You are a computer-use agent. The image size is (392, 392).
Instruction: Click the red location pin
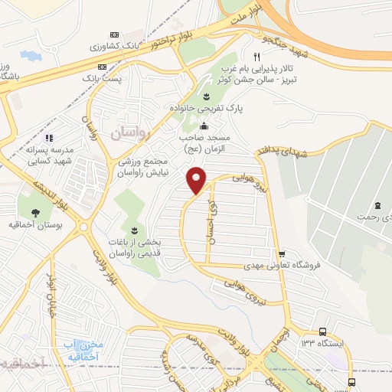click(x=197, y=180)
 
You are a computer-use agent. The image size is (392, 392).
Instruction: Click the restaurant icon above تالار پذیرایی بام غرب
click(x=256, y=57)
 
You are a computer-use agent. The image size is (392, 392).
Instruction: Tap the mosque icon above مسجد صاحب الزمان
click(x=203, y=126)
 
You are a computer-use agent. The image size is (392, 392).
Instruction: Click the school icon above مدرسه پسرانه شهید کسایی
click(x=47, y=138)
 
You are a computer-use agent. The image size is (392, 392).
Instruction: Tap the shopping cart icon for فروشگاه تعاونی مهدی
click(x=282, y=254)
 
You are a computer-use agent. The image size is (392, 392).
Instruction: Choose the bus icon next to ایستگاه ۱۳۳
click(x=324, y=332)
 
